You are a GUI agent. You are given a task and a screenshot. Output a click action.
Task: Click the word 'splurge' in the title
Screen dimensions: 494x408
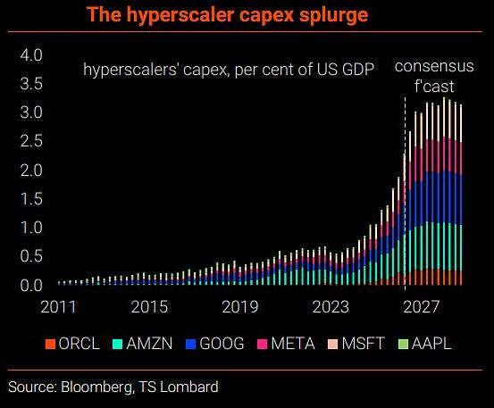(x=333, y=15)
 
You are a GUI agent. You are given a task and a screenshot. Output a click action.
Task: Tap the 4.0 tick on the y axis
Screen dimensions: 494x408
(x=31, y=55)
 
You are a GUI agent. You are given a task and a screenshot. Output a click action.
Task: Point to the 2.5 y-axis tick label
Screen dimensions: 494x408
(x=31, y=141)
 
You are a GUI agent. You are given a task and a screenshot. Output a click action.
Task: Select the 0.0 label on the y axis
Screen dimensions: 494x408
(x=31, y=286)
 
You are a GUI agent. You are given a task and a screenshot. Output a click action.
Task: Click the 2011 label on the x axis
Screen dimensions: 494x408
(x=58, y=306)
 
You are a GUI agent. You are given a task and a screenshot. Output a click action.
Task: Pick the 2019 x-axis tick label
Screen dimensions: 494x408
(x=240, y=306)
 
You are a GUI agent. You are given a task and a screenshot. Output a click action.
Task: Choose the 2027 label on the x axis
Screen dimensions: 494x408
(x=422, y=306)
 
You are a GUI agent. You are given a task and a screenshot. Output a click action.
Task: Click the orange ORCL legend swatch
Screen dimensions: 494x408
(x=50, y=344)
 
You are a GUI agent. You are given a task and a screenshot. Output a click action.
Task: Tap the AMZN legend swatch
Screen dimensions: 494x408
(x=118, y=344)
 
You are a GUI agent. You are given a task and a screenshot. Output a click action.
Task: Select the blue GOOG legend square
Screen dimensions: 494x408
(x=191, y=344)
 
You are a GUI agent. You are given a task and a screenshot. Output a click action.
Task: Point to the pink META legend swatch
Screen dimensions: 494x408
(x=262, y=344)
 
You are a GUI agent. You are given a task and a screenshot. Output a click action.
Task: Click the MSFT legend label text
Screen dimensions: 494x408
(x=363, y=343)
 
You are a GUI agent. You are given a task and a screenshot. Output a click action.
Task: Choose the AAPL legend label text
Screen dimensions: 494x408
(x=431, y=343)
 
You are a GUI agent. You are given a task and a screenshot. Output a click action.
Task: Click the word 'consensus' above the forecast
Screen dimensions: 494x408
(x=434, y=66)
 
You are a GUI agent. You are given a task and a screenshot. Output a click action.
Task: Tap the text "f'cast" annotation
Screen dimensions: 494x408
(x=434, y=86)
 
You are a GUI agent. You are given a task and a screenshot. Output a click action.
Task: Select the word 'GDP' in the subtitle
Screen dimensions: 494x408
(x=358, y=69)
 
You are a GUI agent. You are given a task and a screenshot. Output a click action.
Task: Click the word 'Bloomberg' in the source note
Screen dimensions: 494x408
(x=96, y=387)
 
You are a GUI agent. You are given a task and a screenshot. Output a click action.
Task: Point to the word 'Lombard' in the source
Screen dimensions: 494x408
(x=189, y=387)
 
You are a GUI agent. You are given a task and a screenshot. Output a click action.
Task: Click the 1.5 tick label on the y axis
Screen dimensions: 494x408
(x=31, y=199)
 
